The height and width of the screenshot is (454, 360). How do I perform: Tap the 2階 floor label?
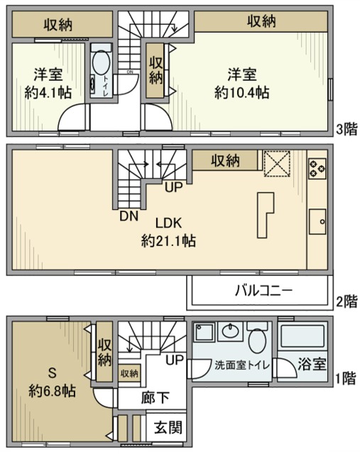(347, 301)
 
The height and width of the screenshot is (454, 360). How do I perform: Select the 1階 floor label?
(347, 378)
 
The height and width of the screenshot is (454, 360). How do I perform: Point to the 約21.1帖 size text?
(168, 241)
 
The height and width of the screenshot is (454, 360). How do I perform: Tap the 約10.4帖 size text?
(242, 92)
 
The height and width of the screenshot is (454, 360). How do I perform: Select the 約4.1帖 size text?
(48, 92)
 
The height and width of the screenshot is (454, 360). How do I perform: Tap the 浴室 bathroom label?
(312, 365)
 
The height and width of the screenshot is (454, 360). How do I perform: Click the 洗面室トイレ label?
(241, 365)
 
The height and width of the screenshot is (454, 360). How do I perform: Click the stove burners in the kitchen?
(317, 167)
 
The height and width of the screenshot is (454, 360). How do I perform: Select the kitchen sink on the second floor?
(317, 221)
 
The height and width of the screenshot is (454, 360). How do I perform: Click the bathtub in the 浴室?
(301, 338)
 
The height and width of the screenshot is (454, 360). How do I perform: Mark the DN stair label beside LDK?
(128, 216)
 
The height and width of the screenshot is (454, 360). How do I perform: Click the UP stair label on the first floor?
(175, 360)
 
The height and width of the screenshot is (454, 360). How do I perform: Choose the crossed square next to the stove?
(276, 162)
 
